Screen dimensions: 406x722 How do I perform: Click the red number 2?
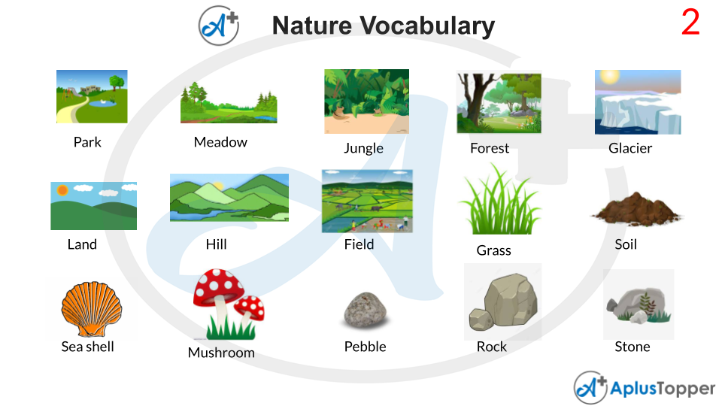[x=690, y=23]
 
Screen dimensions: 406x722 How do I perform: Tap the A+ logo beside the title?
[x=218, y=25]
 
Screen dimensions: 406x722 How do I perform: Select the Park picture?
[x=92, y=96]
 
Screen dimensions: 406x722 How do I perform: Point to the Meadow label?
[x=220, y=142]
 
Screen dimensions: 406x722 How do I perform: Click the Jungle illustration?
[x=366, y=101]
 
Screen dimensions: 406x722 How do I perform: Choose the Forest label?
[x=490, y=148]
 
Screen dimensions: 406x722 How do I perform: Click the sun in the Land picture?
[x=62, y=190]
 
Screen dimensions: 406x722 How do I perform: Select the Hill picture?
[x=229, y=197]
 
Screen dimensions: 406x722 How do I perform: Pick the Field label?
[x=359, y=244]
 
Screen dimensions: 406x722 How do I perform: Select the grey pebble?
[x=366, y=311]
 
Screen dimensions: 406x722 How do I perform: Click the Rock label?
[x=492, y=347]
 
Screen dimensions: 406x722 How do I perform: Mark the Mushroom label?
[x=221, y=353]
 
